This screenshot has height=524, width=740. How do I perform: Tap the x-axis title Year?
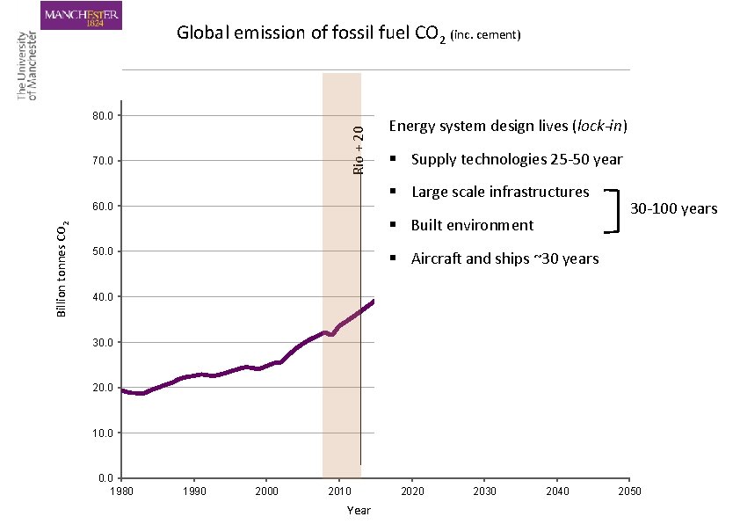[359, 511]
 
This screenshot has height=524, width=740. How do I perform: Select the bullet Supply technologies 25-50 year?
[517, 160]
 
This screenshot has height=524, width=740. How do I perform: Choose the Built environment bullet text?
[472, 225]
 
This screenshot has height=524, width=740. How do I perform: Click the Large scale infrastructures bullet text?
[499, 192]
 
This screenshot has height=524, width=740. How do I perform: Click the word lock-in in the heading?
[600, 126]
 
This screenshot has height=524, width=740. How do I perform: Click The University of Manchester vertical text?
[27, 66]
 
